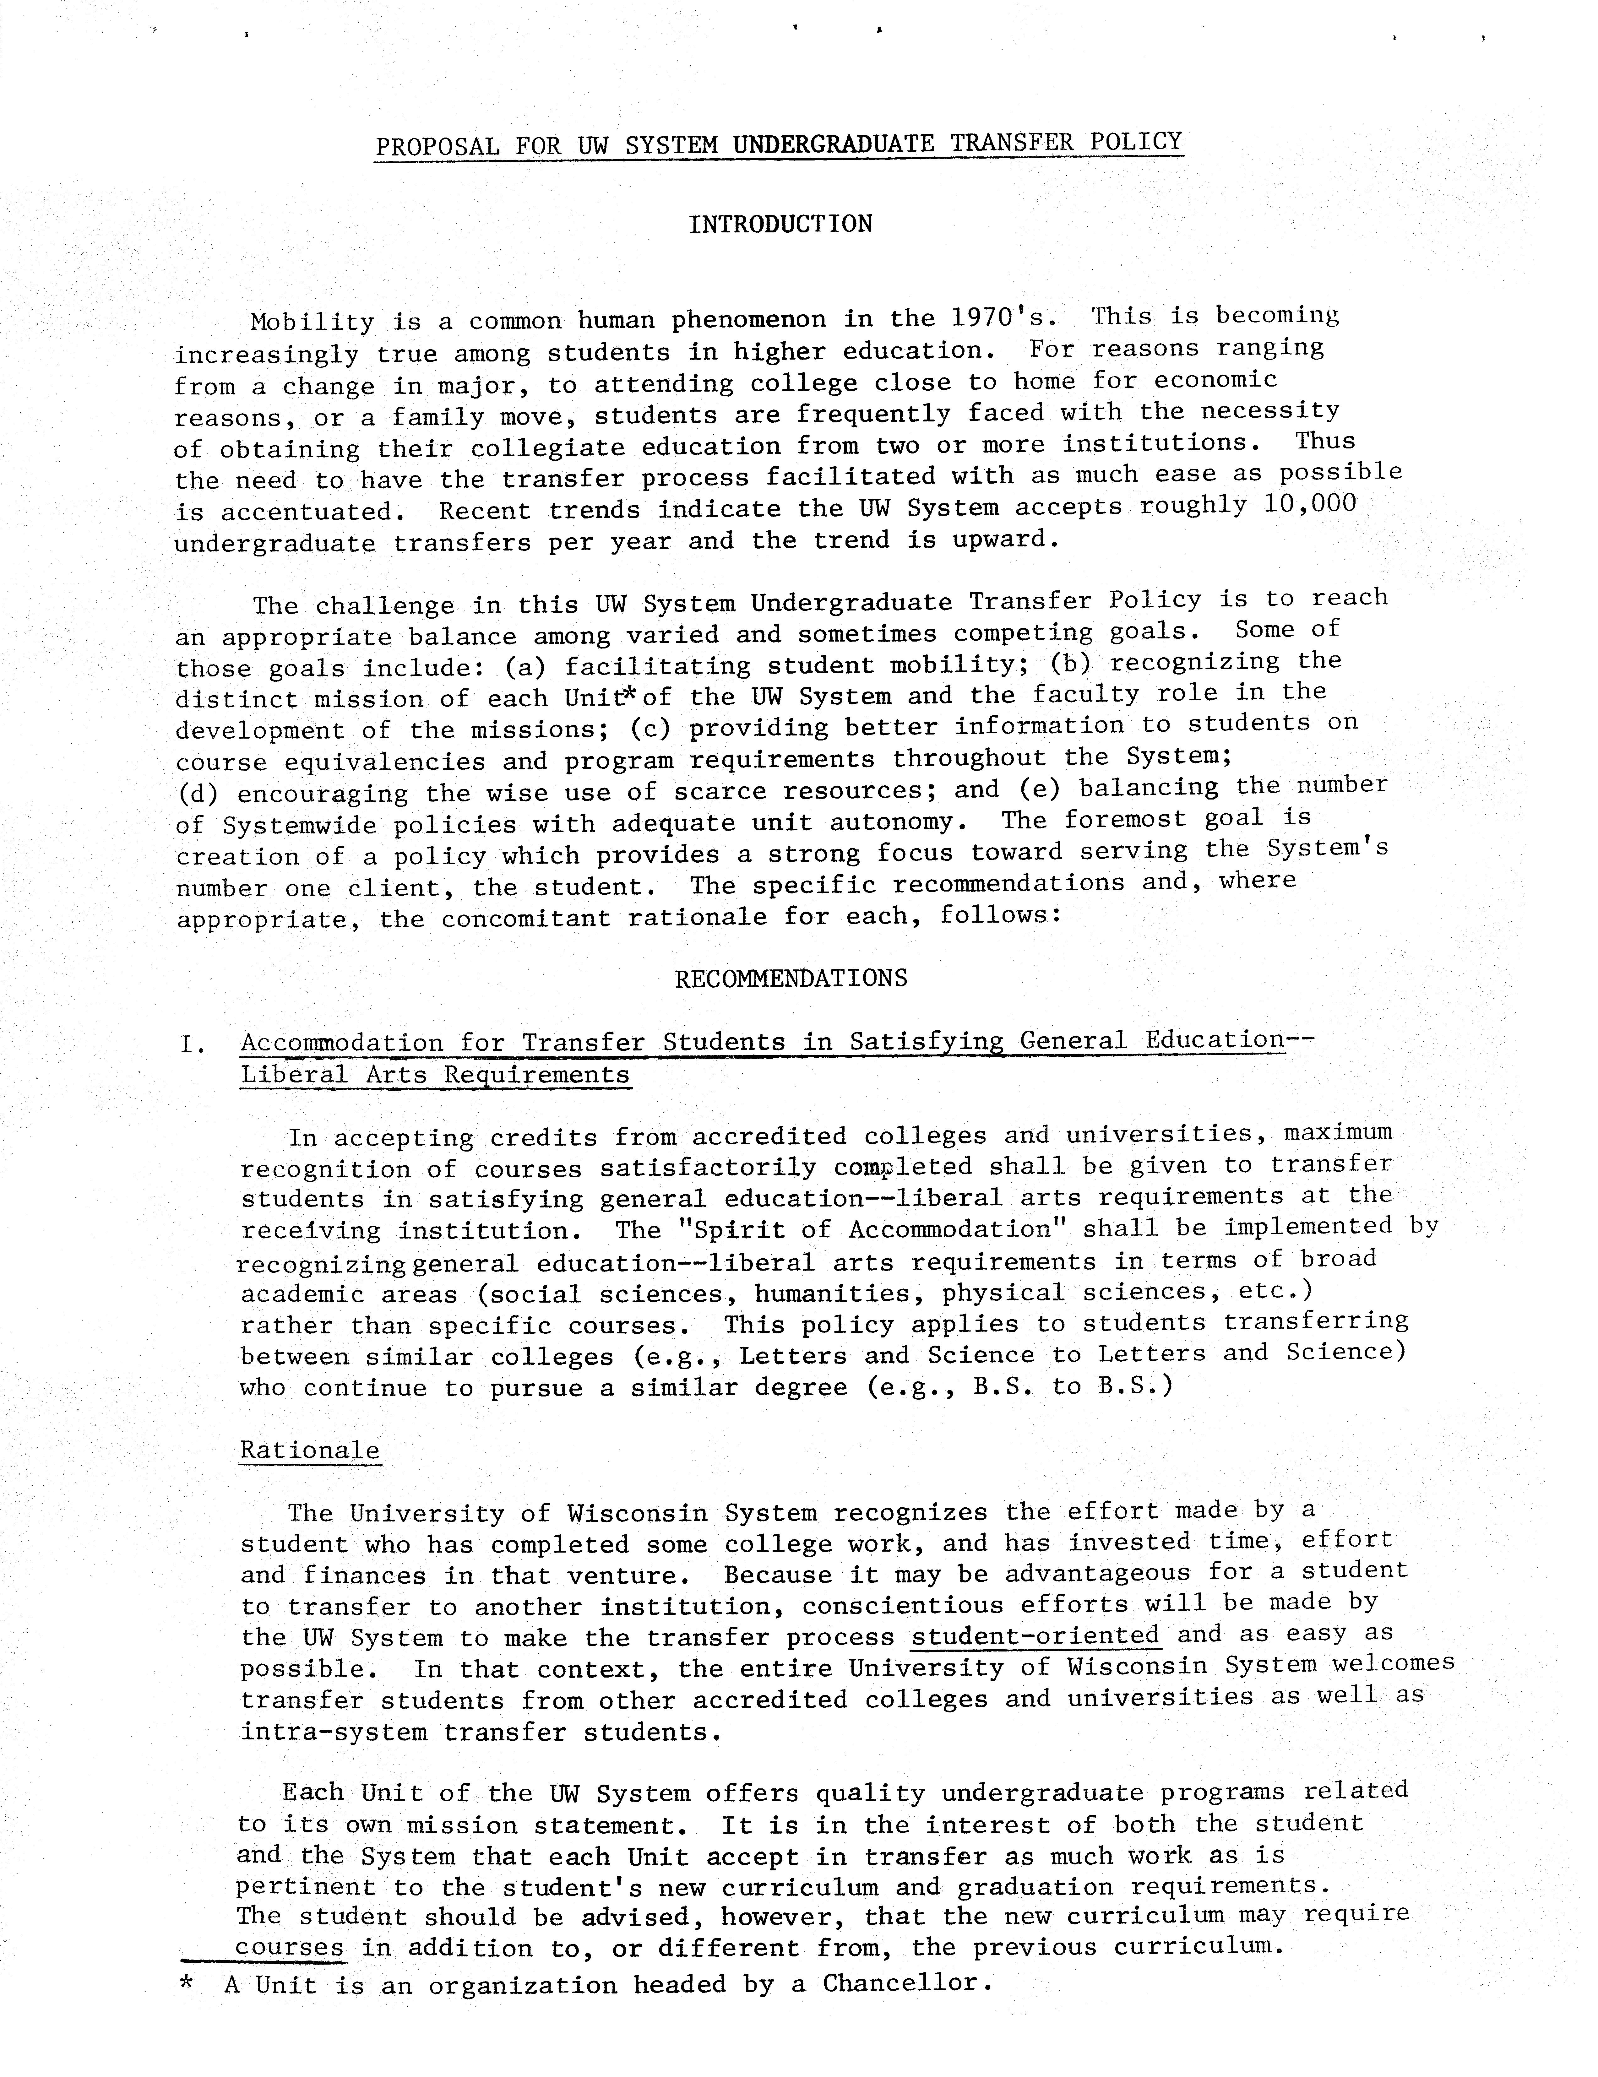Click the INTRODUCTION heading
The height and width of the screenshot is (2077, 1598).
click(x=780, y=225)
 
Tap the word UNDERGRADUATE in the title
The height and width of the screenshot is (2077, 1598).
click(x=828, y=144)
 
